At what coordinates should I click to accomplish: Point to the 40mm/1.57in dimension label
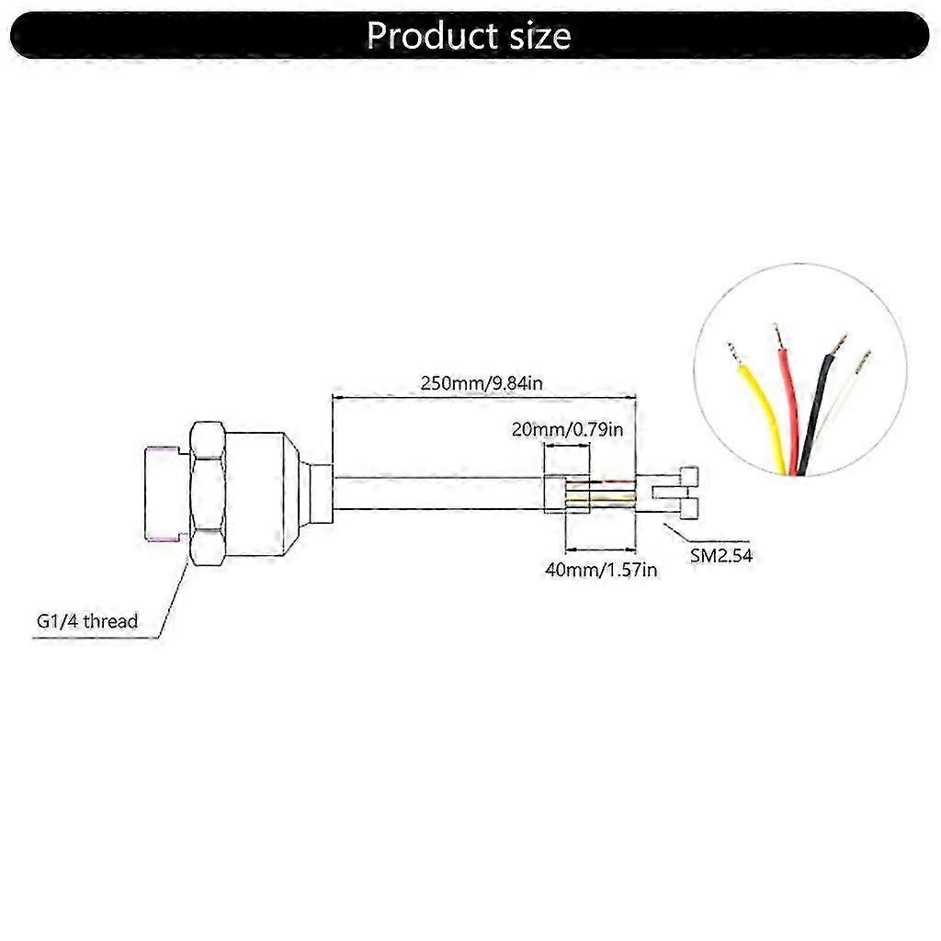601,570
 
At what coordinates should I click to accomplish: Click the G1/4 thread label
87,621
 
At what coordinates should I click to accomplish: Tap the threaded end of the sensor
165,492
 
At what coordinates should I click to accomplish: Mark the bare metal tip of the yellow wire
732,352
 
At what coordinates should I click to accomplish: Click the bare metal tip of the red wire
777,336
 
